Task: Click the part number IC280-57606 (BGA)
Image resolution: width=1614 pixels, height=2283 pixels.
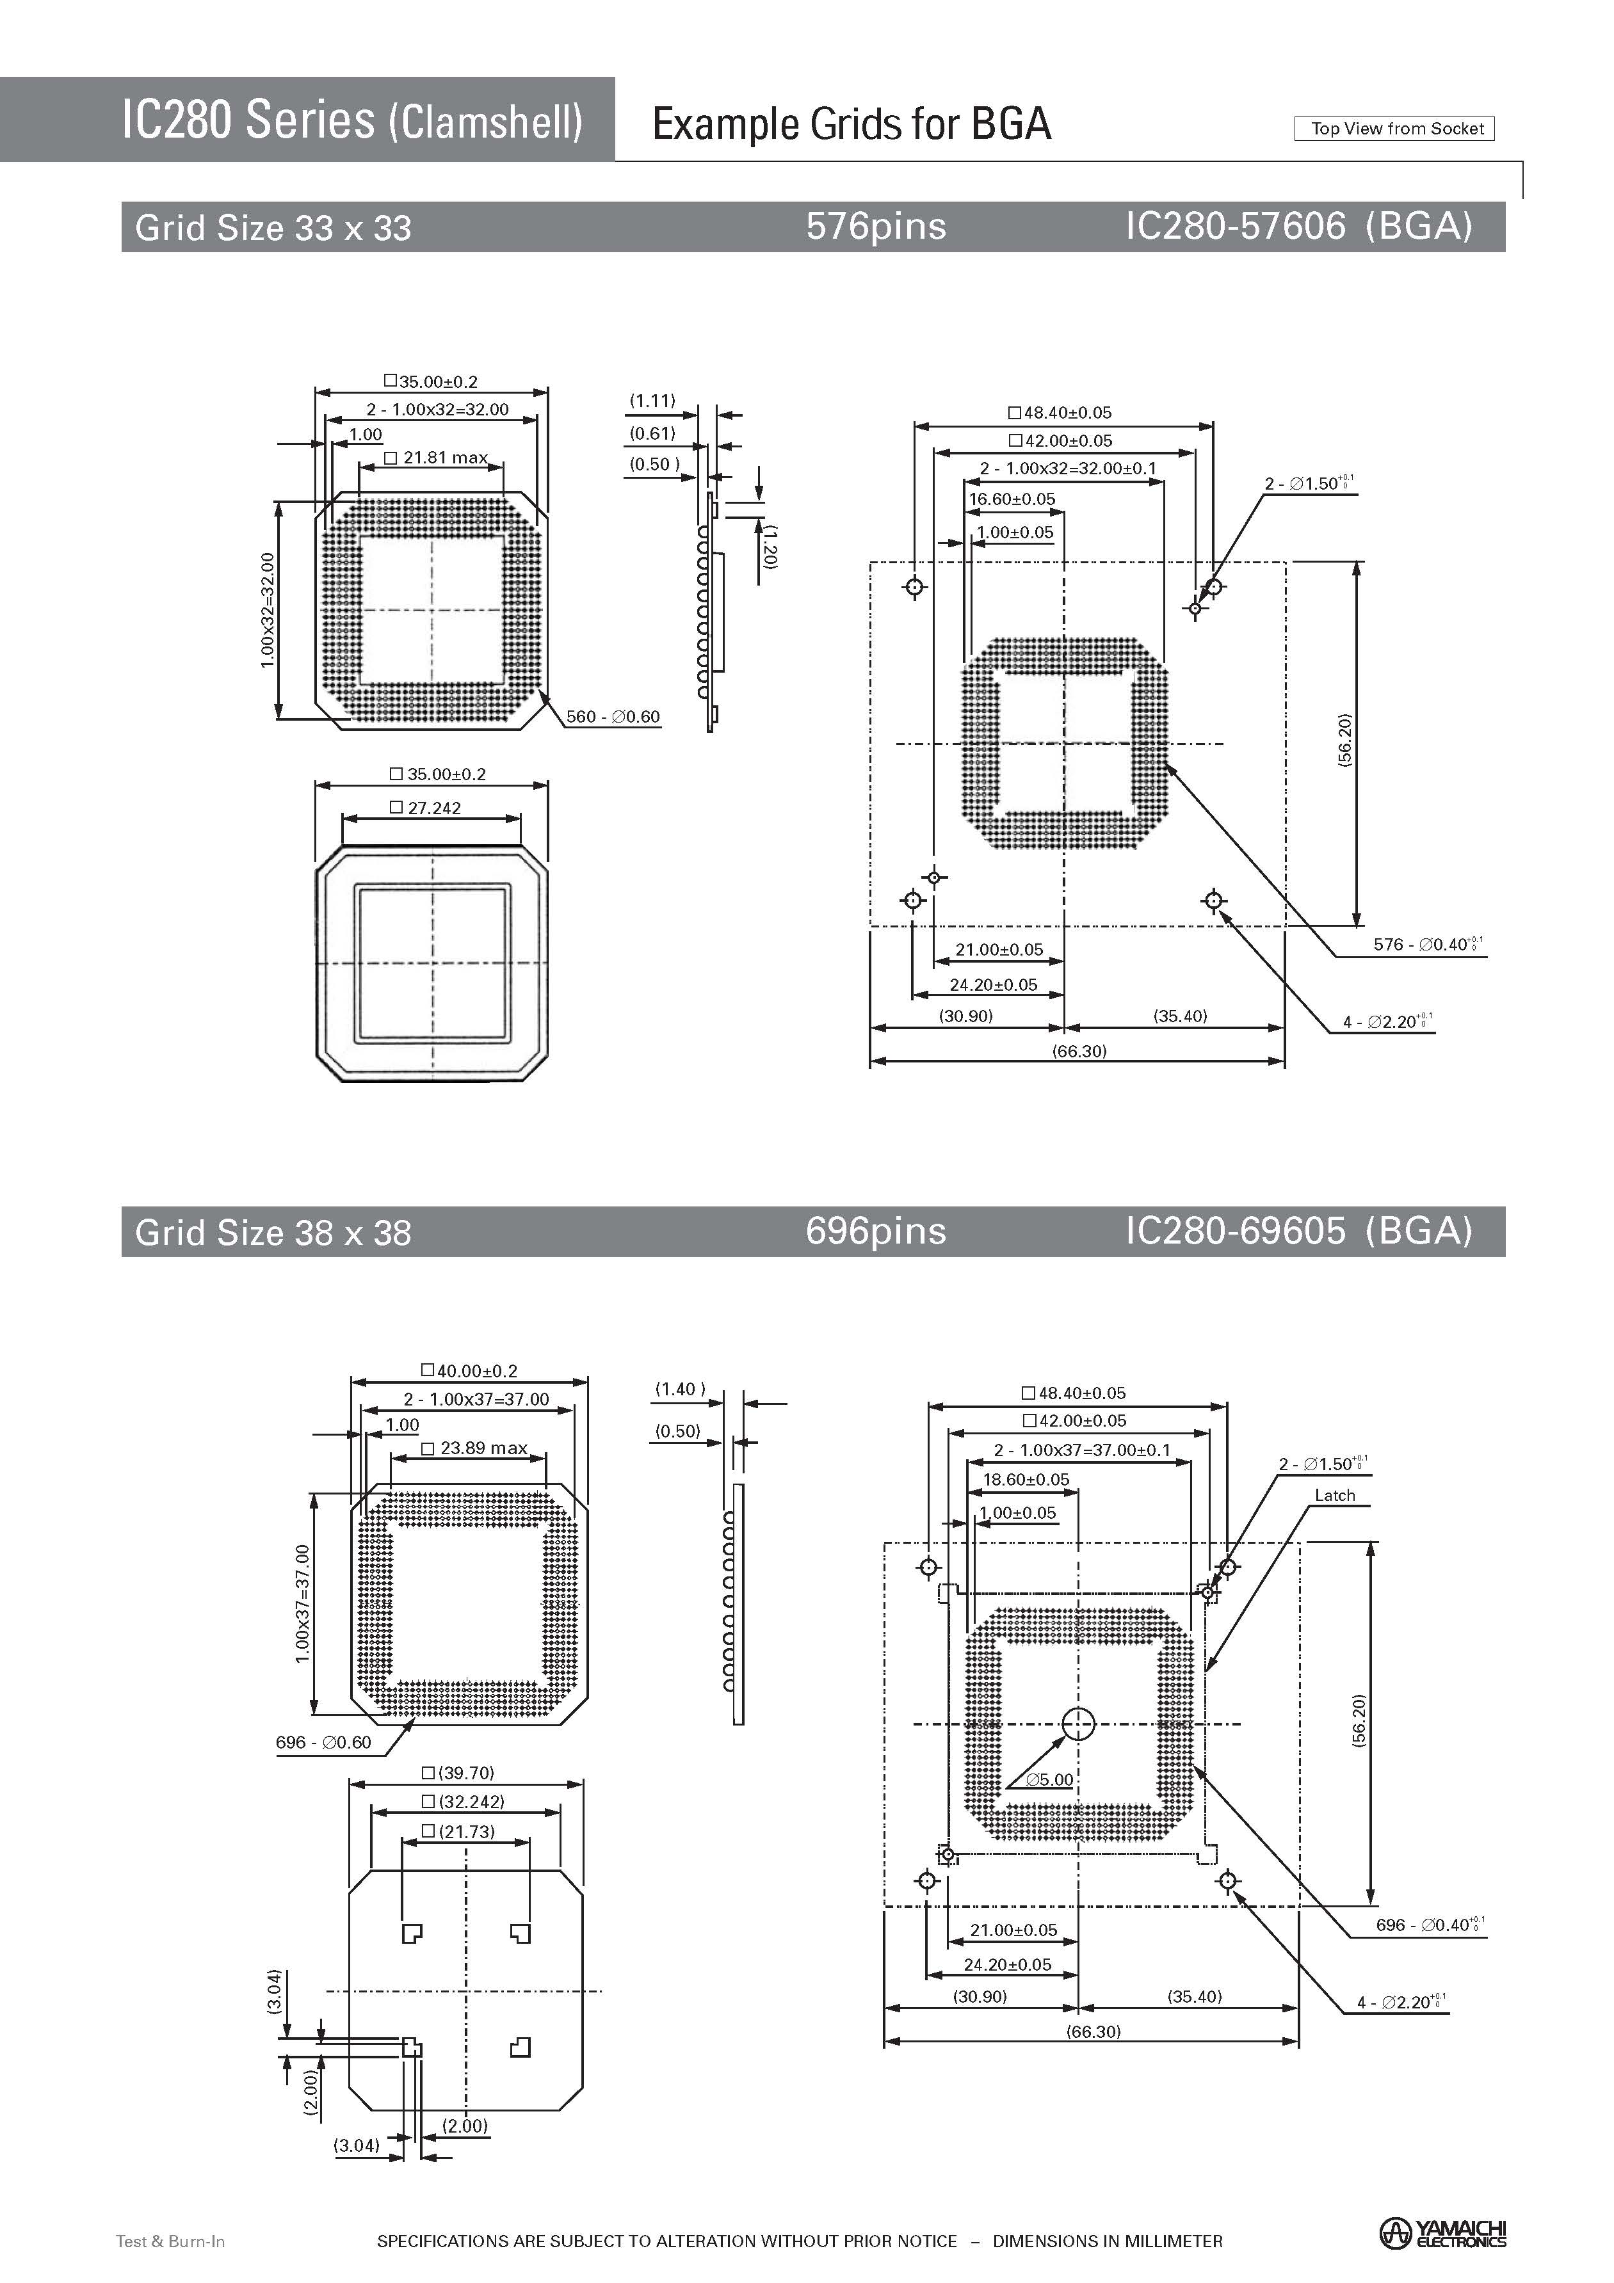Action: pyautogui.click(x=1298, y=227)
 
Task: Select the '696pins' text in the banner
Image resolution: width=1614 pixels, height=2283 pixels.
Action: pyautogui.click(x=875, y=1231)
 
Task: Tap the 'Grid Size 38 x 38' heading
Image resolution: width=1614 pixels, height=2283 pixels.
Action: pyautogui.click(x=273, y=1233)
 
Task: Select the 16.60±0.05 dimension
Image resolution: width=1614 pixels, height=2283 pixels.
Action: pyautogui.click(x=1012, y=499)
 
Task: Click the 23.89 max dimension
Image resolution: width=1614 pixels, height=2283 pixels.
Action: pyautogui.click(x=474, y=1448)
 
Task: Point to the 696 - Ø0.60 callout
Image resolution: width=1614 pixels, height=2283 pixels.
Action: pyautogui.click(x=323, y=1742)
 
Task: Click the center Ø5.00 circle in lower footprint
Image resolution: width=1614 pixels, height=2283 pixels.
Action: pyautogui.click(x=1078, y=1724)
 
